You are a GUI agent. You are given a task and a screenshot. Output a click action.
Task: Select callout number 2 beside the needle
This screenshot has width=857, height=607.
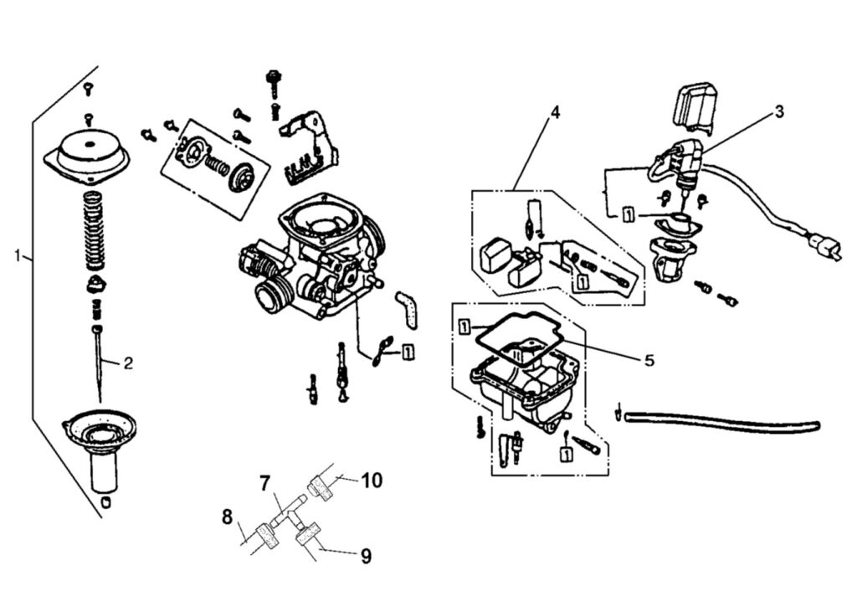pyautogui.click(x=128, y=363)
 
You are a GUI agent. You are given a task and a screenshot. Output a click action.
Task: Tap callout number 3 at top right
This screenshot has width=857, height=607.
pyautogui.click(x=778, y=111)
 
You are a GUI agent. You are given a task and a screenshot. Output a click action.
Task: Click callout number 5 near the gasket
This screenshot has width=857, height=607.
pyautogui.click(x=649, y=360)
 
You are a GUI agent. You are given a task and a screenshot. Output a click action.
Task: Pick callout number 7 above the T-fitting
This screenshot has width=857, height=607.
pyautogui.click(x=264, y=483)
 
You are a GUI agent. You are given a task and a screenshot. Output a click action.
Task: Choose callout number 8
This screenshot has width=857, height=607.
pyautogui.click(x=227, y=517)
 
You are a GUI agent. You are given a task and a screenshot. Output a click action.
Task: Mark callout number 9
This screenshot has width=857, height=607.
pyautogui.click(x=366, y=555)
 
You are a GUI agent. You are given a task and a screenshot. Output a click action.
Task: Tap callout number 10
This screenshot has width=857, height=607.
pyautogui.click(x=372, y=480)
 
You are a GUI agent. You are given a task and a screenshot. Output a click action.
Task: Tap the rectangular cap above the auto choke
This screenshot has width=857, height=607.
pyautogui.click(x=695, y=105)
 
